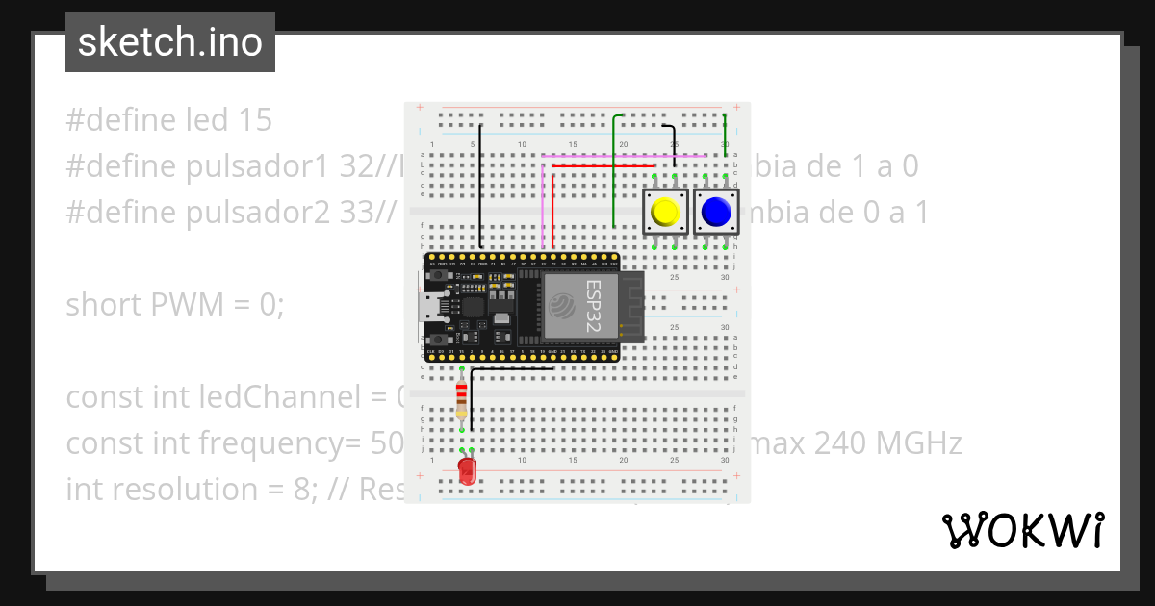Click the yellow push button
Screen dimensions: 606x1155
(664, 212)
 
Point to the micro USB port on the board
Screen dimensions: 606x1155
(424, 307)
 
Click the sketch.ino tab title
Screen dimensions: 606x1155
(170, 42)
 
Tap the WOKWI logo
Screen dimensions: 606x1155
(1022, 530)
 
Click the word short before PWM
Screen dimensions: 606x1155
(103, 305)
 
